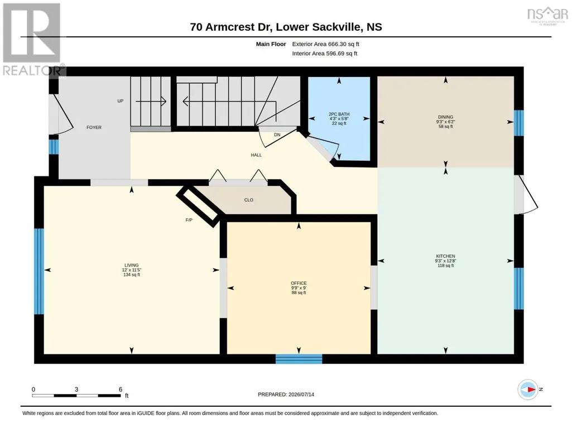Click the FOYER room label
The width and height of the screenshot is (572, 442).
pos(94,127)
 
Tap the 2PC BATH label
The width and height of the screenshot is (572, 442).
pos(339,114)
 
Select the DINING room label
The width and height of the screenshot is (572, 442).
pos(445,117)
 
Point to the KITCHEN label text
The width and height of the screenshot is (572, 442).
pos(445,256)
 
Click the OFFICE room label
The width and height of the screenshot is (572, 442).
pos(299,283)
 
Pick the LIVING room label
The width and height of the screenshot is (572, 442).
pos(131,265)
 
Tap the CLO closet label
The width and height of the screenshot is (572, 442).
pos(248,200)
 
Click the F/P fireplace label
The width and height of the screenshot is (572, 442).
pos(189,220)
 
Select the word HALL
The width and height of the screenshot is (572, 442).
pos(256,155)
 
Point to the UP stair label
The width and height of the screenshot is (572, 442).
pos(121,100)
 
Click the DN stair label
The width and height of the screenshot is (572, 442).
pos(277,134)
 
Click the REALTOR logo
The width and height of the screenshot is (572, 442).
pos(32,40)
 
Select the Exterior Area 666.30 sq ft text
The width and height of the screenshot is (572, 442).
pos(325,44)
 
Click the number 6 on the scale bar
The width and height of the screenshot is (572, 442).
pos(121,389)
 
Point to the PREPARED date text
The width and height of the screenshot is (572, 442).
pos(286,394)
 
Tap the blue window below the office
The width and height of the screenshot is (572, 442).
pos(299,359)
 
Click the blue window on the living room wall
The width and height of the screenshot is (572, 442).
pos(39,271)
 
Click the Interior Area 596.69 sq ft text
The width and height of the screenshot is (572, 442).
pos(325,54)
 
